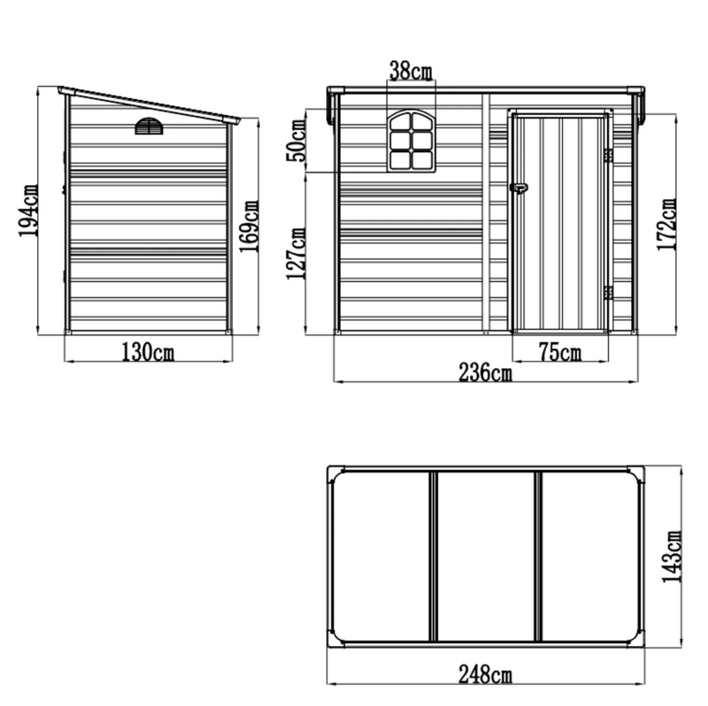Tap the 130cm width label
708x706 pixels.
(148, 351)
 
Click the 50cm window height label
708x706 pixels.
(298, 142)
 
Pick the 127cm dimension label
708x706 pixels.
(298, 253)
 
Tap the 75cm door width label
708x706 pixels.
(559, 353)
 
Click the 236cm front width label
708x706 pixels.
(486, 373)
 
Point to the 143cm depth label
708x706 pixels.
(674, 556)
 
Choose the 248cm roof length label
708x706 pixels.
(486, 677)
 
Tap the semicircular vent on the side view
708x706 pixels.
(149, 127)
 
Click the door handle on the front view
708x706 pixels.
(518, 188)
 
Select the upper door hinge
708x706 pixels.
(608, 156)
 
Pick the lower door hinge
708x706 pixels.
(608, 292)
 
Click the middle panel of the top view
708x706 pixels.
(486, 556)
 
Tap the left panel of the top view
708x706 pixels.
(383, 556)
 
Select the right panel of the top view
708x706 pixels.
(589, 556)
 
